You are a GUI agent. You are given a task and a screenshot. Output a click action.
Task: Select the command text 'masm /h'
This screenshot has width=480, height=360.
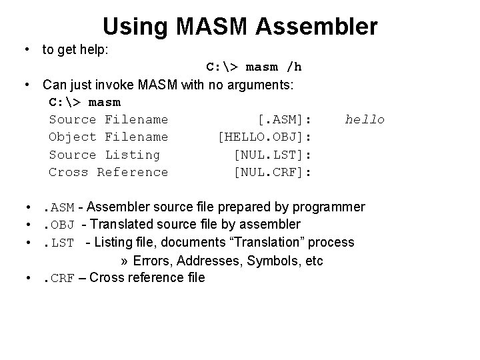[274, 67]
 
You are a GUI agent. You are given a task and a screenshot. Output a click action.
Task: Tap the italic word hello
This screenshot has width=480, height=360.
[365, 119]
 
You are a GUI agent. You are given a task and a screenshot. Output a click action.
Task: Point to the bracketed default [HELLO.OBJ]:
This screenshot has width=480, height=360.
[266, 137]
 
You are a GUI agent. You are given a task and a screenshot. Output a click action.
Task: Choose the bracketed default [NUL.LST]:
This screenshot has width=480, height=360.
[273, 155]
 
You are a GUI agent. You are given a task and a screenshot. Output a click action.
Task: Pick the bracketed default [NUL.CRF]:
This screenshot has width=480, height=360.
[273, 172]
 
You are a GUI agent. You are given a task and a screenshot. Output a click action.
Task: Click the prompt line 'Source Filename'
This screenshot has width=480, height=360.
[109, 119]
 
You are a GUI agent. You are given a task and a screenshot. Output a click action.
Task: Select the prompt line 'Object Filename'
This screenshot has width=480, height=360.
[109, 137]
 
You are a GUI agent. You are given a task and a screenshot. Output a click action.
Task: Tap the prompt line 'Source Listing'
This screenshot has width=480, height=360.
[105, 155]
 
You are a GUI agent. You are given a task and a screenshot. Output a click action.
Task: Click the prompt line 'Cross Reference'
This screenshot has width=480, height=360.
[109, 172]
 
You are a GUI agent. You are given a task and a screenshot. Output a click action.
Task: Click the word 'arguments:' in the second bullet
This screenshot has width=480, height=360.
[271, 85]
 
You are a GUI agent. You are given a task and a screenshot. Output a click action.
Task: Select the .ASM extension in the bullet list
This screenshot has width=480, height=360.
[57, 207]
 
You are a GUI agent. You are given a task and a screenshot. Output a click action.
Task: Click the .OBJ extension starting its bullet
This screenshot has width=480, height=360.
[57, 225]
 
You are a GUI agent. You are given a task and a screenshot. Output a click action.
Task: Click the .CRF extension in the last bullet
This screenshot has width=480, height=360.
[57, 277]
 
